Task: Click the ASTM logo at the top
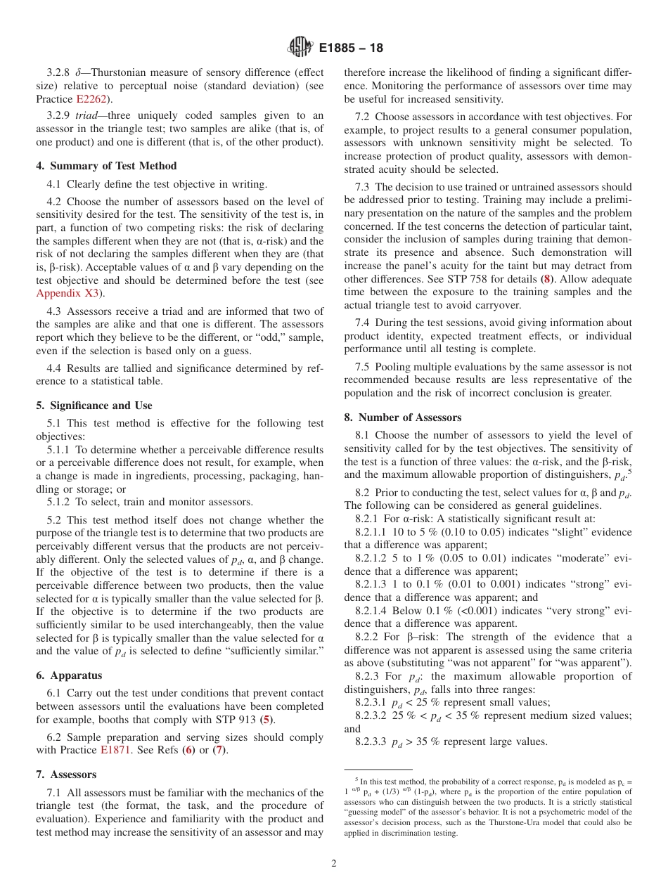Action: (300, 48)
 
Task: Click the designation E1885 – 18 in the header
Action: (351, 48)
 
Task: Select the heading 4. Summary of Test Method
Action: (106, 166)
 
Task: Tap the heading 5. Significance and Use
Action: (94, 406)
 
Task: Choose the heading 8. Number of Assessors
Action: (392, 417)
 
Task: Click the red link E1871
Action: (115, 750)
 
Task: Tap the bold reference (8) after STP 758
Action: (546, 279)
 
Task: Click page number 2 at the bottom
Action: (334, 864)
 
